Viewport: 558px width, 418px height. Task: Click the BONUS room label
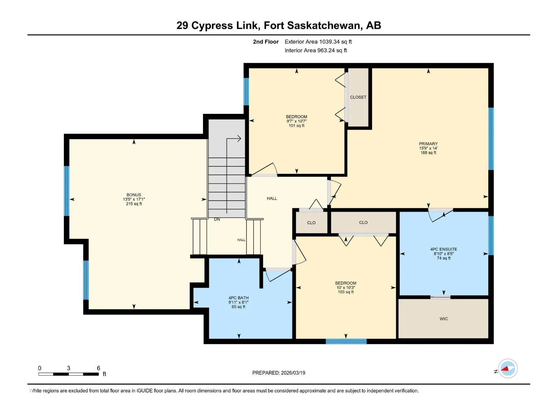134,195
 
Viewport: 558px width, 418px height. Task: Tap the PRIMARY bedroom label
428,144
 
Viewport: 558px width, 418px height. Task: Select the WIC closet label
444,319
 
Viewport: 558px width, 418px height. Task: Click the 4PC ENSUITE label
444,249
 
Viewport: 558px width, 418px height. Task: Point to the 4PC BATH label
239,298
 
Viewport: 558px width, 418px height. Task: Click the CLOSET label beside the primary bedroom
358,97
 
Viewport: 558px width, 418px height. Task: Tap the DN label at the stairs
217,219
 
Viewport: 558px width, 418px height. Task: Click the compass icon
508,369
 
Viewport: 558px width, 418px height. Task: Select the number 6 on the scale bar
99,368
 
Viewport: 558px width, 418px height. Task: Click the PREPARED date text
279,373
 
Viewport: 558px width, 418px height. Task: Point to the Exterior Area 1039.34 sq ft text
318,41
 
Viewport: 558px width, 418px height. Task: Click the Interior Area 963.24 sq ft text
316,50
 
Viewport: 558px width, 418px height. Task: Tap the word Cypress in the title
212,26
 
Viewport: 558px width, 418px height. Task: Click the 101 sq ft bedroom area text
296,126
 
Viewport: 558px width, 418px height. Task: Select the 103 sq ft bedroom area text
346,292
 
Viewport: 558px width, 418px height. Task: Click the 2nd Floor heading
266,41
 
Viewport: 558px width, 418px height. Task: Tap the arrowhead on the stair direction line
239,139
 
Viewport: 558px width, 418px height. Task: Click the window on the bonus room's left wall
67,191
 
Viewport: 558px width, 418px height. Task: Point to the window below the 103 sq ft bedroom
346,341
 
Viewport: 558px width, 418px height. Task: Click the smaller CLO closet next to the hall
311,223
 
